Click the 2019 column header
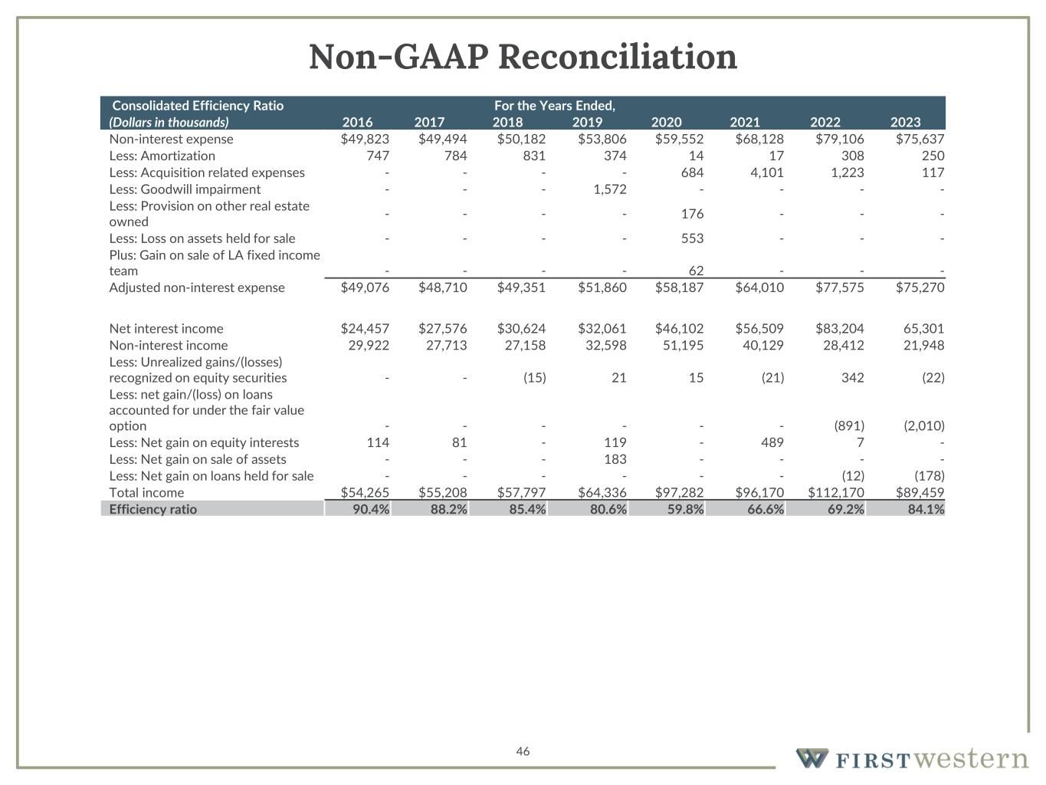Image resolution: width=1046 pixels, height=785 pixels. click(x=587, y=122)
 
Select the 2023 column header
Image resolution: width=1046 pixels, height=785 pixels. click(x=905, y=122)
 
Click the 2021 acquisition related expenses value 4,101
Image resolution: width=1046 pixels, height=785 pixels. click(x=764, y=172)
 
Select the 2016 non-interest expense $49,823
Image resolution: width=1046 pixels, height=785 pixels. click(x=365, y=140)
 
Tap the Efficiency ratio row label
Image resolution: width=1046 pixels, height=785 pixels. click(x=153, y=509)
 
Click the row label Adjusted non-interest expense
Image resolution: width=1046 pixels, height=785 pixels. click(x=197, y=287)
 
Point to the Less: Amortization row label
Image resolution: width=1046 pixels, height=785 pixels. click(x=162, y=156)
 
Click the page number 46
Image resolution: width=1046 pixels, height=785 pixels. click(x=523, y=751)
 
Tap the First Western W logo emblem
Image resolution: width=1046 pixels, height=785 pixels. click(x=812, y=758)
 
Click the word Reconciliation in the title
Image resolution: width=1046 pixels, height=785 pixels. click(x=617, y=57)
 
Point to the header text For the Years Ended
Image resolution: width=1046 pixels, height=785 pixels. click(x=555, y=105)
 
